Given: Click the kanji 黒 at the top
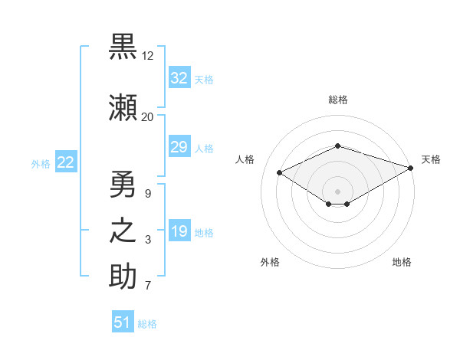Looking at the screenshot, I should (x=123, y=48).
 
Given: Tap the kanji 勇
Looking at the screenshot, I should (x=123, y=183).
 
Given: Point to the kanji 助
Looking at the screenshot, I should (x=123, y=277).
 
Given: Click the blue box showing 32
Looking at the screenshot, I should (x=179, y=78).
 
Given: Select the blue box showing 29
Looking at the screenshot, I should (x=179, y=147).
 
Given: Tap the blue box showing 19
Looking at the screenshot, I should (x=179, y=232).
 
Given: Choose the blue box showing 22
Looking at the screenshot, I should (x=65, y=162).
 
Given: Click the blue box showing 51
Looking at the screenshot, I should (x=123, y=322).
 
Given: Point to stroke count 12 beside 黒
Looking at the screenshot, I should (x=148, y=57).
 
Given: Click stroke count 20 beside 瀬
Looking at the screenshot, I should (x=148, y=116).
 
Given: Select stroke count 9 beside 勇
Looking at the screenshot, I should (x=148, y=192).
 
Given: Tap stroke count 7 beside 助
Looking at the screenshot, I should (x=148, y=286).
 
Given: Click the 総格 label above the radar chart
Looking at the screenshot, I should (x=337, y=100).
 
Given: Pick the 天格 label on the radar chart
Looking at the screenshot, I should (x=431, y=159).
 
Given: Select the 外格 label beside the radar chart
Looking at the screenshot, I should (x=270, y=262).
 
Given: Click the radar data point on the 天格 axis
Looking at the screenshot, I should (x=411, y=168).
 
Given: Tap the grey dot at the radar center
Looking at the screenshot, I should (x=337, y=191).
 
